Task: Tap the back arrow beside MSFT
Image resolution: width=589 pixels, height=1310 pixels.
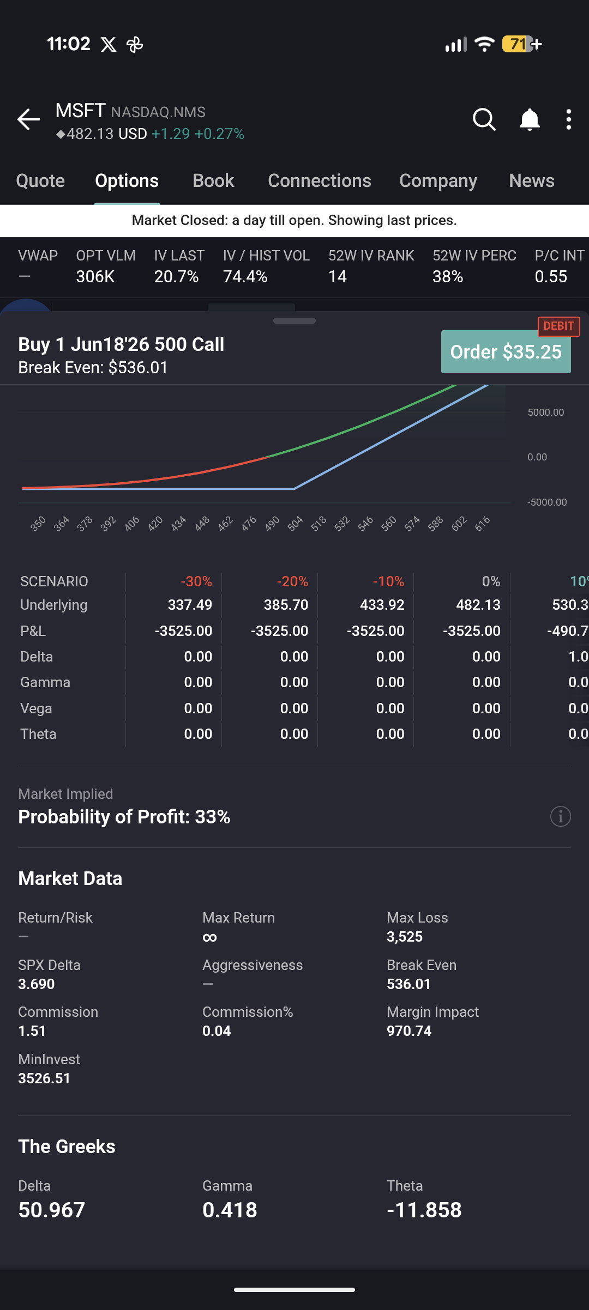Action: click(28, 119)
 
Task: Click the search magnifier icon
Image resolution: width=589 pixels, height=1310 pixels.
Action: click(484, 119)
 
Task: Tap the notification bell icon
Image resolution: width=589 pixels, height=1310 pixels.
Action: click(529, 119)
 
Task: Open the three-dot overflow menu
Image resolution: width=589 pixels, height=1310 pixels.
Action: click(568, 119)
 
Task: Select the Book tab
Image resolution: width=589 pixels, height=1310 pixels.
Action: click(213, 181)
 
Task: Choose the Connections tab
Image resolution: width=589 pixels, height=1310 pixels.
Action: click(319, 181)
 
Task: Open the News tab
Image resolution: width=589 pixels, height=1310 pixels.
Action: click(531, 181)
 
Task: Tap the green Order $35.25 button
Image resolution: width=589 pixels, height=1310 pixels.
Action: click(506, 353)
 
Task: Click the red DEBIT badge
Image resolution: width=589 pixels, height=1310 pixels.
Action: click(558, 326)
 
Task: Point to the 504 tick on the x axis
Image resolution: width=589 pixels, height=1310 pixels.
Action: click(295, 524)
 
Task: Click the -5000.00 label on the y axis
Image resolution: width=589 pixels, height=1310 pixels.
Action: click(547, 502)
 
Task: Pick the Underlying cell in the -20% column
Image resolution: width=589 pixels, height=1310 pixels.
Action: click(286, 605)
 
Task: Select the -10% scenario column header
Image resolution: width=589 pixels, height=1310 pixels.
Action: click(388, 581)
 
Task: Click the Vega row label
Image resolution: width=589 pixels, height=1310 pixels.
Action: click(36, 708)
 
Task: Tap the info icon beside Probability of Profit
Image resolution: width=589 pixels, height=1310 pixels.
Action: click(560, 816)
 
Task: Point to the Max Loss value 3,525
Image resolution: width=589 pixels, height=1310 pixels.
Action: click(405, 937)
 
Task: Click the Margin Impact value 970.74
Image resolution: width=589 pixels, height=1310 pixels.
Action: click(409, 1031)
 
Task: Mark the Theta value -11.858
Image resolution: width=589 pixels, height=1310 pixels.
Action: click(424, 1210)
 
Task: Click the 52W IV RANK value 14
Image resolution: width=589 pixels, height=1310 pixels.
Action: click(338, 277)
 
